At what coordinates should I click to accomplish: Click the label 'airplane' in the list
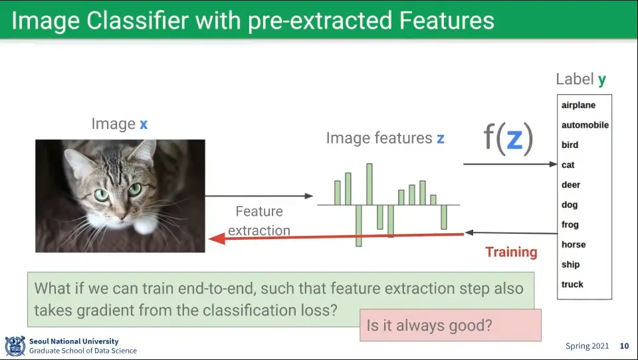pyautogui.click(x=578, y=106)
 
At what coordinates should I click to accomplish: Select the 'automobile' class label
pyautogui.click(x=585, y=125)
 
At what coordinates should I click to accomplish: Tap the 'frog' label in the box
pyautogui.click(x=570, y=225)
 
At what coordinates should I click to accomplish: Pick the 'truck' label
pyautogui.click(x=572, y=284)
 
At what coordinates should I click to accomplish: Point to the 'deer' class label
pyautogui.click(x=571, y=185)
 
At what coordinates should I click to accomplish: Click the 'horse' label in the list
pyautogui.click(x=574, y=244)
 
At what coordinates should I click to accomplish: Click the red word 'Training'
pyautogui.click(x=511, y=252)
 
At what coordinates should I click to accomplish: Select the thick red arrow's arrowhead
pyautogui.click(x=217, y=238)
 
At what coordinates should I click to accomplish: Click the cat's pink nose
pyautogui.click(x=122, y=216)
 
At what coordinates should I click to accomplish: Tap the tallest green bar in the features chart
pyautogui.click(x=369, y=184)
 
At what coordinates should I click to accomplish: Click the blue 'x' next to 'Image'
pyautogui.click(x=144, y=124)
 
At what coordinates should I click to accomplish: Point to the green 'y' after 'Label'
pyautogui.click(x=602, y=80)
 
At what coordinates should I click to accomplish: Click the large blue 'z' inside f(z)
pyautogui.click(x=514, y=139)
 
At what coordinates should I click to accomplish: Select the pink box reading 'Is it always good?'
pyautogui.click(x=451, y=325)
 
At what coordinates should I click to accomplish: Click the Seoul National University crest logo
pyautogui.click(x=15, y=346)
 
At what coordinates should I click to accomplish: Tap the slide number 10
pyautogui.click(x=624, y=346)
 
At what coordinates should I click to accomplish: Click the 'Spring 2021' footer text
pyautogui.click(x=587, y=346)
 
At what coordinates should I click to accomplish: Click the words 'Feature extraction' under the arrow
pyautogui.click(x=259, y=221)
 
